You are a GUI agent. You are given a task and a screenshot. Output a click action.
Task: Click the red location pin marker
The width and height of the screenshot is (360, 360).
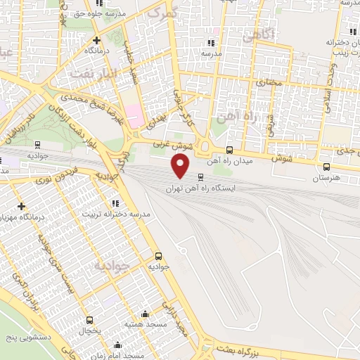pos(181,166)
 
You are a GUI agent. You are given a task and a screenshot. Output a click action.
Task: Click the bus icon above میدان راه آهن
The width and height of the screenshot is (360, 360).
pos(230,150)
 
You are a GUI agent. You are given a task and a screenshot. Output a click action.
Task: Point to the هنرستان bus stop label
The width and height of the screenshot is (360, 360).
pos(326,179)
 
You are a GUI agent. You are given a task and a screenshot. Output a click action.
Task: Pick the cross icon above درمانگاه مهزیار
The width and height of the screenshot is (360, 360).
pos(21,206)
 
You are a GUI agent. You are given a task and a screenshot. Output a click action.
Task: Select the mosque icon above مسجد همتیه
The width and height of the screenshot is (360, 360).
pos(145,314)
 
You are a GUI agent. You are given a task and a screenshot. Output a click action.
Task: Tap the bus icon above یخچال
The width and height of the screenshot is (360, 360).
pos(89,320)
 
